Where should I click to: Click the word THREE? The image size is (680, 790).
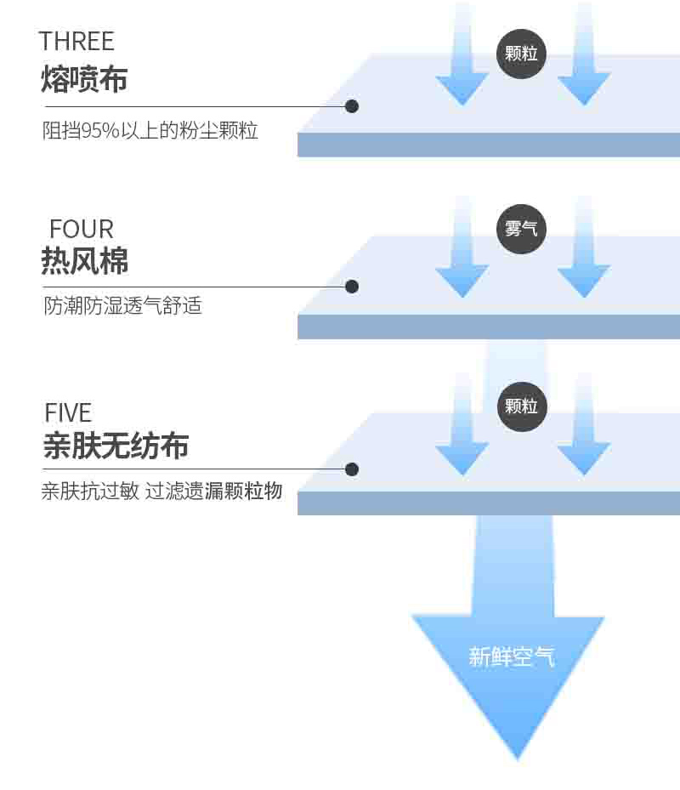coord(76,42)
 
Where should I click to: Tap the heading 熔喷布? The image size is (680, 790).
coord(84,79)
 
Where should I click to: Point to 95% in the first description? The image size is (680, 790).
coord(100,130)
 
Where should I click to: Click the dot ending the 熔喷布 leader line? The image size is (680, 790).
coord(352,106)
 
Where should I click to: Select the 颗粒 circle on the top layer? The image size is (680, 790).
coord(521,54)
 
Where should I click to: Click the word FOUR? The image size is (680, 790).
coord(81,230)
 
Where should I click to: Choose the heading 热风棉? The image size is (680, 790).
coord(85,260)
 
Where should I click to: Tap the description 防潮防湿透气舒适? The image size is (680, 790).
coord(122,306)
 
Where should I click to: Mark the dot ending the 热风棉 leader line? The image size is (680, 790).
coord(352,287)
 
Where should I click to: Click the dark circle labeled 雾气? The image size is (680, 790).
coord(521,229)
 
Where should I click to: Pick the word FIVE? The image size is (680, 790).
coord(68,413)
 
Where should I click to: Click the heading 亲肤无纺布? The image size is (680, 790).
coord(116,446)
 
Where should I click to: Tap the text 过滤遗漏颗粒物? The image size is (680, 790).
coord(213,491)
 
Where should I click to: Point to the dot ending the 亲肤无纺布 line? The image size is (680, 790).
coord(352,469)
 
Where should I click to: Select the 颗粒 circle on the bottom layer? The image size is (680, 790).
coord(521,406)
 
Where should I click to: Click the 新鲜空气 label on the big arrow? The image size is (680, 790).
coord(512,657)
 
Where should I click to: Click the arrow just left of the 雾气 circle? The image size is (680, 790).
coord(462,247)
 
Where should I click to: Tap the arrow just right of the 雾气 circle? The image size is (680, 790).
coord(584,247)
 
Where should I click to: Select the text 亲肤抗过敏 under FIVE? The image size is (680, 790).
coord(90,491)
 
